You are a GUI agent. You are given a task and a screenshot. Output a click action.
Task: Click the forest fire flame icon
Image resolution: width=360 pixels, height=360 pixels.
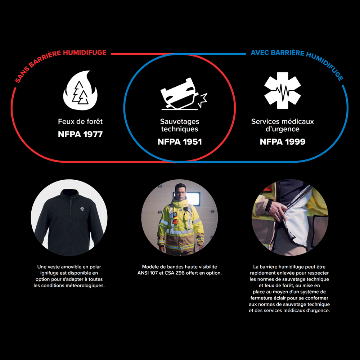click(x=80, y=90)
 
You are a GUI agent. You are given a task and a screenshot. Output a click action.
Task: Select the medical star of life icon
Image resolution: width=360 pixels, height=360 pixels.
click(x=282, y=90)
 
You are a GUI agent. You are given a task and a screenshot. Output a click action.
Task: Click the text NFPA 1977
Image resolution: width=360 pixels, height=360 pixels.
click(x=80, y=134)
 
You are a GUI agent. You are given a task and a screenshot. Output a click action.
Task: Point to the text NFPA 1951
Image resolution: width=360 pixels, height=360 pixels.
click(x=180, y=142)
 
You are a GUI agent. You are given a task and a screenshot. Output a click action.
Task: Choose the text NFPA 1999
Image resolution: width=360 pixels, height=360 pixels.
click(x=282, y=142)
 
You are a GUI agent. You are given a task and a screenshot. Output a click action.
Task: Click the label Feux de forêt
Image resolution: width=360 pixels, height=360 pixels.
click(x=80, y=121)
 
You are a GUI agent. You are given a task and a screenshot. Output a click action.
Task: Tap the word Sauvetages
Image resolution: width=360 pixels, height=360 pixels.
click(x=180, y=121)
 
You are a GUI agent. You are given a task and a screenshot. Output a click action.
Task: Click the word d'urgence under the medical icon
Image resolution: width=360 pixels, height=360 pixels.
click(x=282, y=129)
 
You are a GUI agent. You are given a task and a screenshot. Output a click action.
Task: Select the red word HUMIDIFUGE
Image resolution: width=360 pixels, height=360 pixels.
click(x=85, y=53)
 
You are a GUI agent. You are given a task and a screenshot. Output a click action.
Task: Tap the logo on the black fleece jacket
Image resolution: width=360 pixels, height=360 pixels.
click(x=82, y=209)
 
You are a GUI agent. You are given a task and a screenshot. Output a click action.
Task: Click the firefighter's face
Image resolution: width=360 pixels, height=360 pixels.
click(x=180, y=192)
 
